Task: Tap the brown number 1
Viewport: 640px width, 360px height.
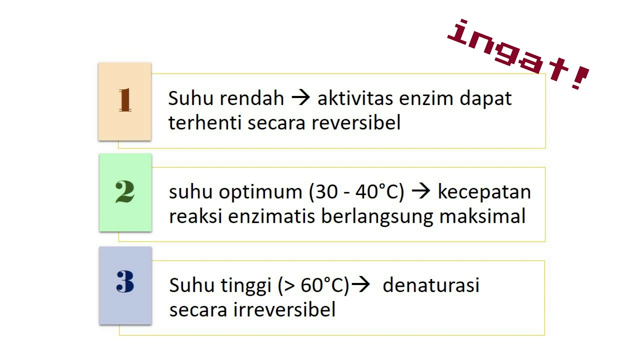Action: (x=125, y=100)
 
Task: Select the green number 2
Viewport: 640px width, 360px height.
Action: (x=125, y=192)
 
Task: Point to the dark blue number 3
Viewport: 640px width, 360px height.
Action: (x=125, y=282)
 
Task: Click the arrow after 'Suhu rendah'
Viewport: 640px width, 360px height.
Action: (x=300, y=98)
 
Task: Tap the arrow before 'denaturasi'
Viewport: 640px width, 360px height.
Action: (x=360, y=285)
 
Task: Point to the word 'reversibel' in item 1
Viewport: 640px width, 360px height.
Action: (x=356, y=122)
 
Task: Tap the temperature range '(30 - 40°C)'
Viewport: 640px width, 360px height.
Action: (x=356, y=192)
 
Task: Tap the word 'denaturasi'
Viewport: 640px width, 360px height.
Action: (x=431, y=285)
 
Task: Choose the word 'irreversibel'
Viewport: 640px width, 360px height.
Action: (x=284, y=309)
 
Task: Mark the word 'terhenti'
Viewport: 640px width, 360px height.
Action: (x=205, y=122)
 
